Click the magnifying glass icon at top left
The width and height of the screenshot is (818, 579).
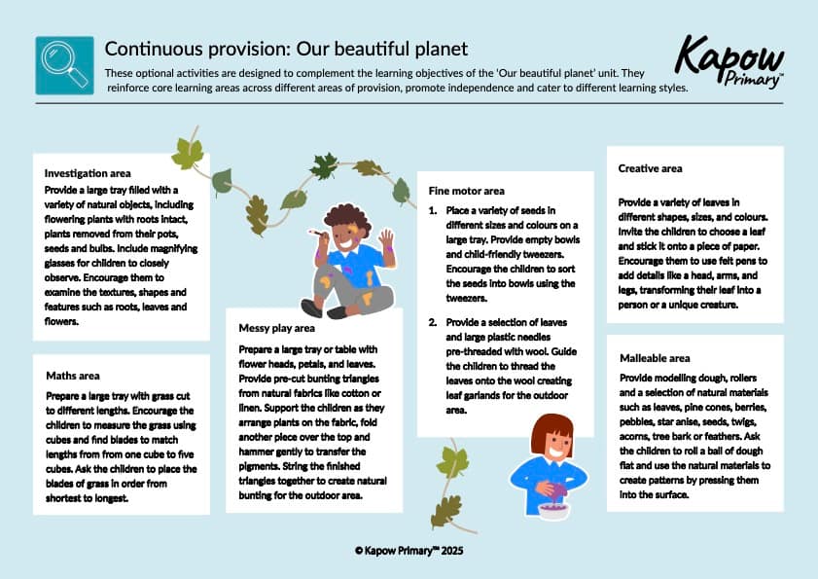point(64,65)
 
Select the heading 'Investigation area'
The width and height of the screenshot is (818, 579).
point(88,172)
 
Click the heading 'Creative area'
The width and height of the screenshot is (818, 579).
point(651,168)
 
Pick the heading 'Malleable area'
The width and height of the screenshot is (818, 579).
point(655,358)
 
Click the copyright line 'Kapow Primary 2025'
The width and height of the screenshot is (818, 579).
point(408,550)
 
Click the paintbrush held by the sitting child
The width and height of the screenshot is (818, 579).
point(313,233)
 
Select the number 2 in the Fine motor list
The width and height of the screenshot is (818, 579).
point(432,321)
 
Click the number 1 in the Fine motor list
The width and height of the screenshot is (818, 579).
point(432,209)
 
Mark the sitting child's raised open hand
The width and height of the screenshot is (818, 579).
point(386,238)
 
